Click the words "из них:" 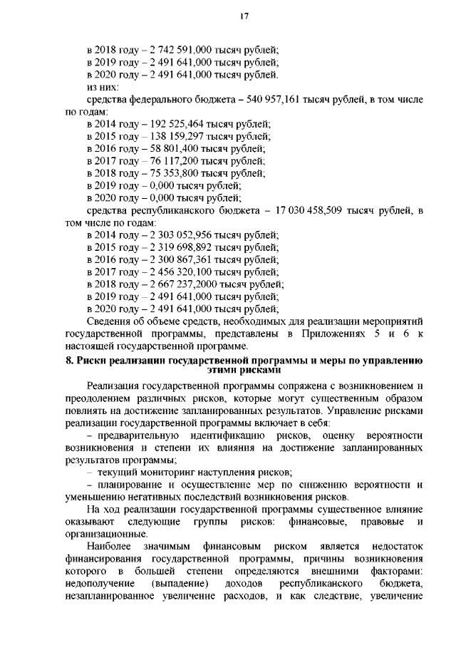pos(101,87)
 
